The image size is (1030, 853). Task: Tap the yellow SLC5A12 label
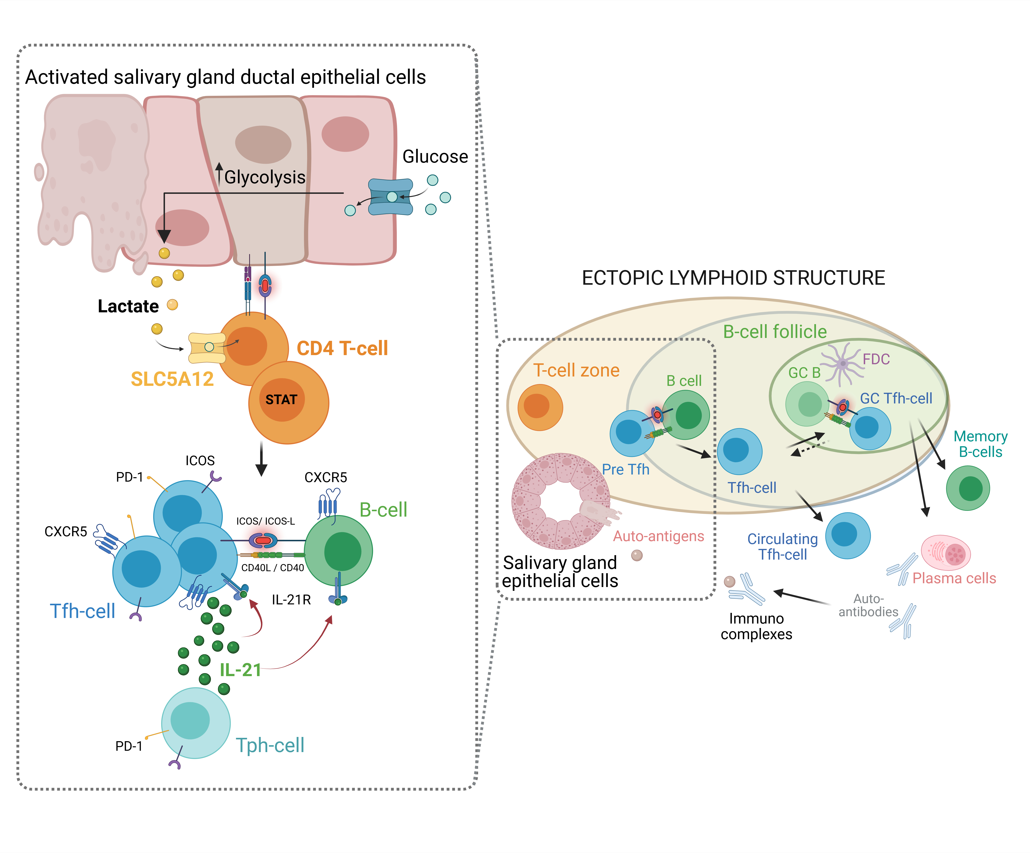click(x=172, y=379)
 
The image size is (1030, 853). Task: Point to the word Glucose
click(x=435, y=156)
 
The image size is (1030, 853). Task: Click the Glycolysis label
click(x=264, y=177)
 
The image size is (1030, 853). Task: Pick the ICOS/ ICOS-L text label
click(x=265, y=521)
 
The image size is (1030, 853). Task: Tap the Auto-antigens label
click(x=658, y=536)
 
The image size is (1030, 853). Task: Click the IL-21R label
click(x=291, y=599)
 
